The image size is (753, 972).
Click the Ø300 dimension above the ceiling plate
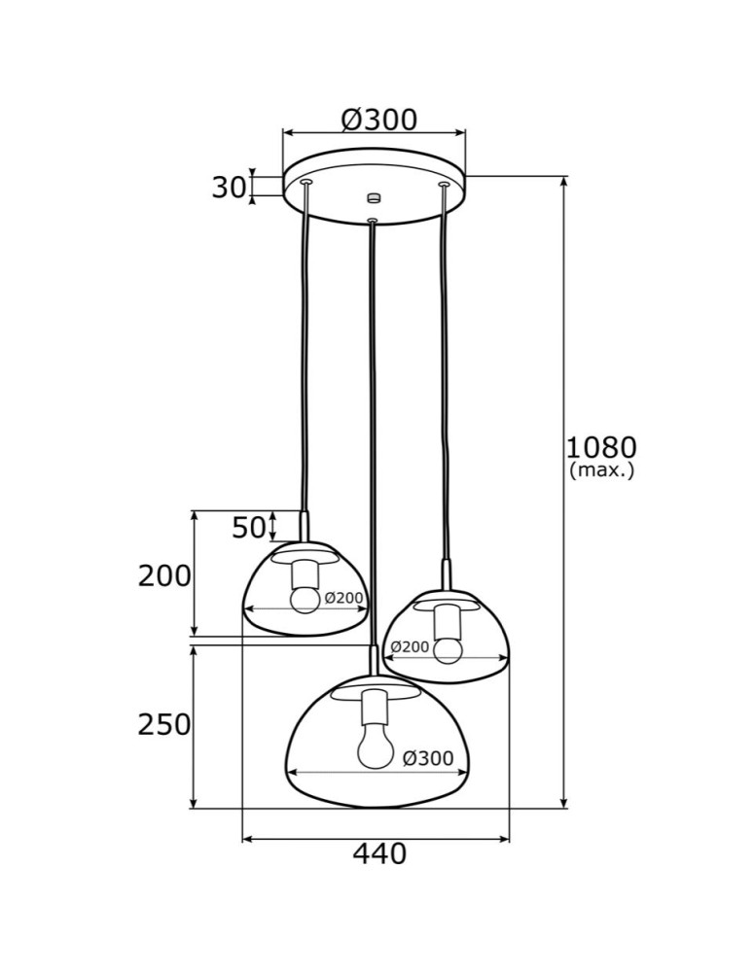(x=378, y=120)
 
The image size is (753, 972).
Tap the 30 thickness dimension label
(x=229, y=187)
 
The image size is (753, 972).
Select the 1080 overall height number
(x=601, y=447)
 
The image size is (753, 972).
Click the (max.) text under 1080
(x=601, y=471)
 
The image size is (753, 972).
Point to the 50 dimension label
(x=249, y=528)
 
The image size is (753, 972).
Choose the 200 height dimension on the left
(x=164, y=576)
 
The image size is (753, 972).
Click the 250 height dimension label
(x=164, y=724)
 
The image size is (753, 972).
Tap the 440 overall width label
(x=378, y=854)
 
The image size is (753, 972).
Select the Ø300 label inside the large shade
(x=427, y=758)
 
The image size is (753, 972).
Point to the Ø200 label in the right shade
(x=410, y=646)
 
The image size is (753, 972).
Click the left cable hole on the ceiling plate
(x=306, y=182)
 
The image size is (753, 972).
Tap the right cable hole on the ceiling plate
(x=444, y=184)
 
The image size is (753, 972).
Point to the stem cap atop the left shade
(x=305, y=527)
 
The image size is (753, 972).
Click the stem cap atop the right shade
(x=447, y=574)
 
